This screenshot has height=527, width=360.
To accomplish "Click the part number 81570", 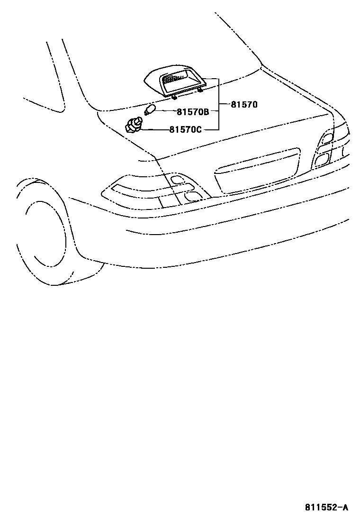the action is pos(244,104).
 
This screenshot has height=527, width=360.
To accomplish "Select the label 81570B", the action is pos(193,112).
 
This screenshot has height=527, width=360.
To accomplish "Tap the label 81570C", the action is pos(185,129).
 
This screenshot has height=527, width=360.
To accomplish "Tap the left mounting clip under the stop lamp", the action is pos(174,97).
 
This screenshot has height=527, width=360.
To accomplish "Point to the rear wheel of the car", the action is pos(45,232).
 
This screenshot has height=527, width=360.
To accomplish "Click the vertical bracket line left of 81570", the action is pos(218,104).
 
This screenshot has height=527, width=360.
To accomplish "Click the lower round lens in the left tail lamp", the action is pos(192,196).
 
